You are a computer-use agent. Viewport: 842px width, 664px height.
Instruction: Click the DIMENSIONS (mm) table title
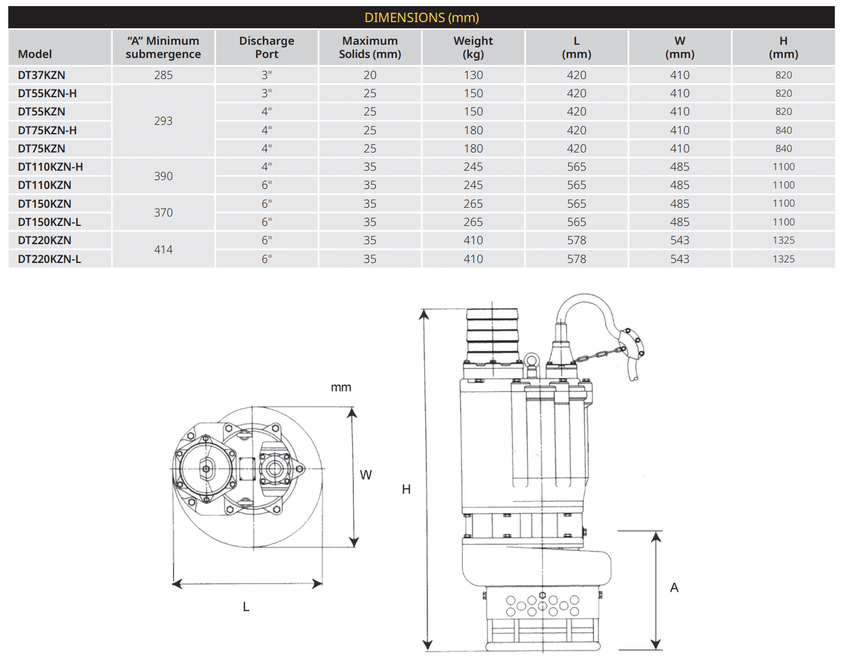tap(421, 18)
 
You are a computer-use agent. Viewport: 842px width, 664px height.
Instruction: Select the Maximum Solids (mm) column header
tap(370, 48)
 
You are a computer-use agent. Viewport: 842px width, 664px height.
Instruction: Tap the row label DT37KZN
tap(41, 75)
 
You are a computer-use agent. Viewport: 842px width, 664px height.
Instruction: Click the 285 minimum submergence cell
tap(163, 75)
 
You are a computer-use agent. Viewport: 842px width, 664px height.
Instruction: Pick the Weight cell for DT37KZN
tap(473, 75)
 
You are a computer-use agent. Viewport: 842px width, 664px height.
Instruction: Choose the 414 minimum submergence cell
tap(163, 250)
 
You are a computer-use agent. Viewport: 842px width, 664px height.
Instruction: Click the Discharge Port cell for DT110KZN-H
tap(266, 167)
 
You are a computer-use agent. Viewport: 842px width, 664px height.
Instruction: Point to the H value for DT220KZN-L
tap(783, 259)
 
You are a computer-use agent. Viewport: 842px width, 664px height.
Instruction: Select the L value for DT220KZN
tap(577, 240)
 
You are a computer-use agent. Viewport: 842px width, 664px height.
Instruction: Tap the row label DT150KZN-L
tap(49, 222)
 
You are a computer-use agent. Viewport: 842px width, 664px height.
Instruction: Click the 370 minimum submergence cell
tap(163, 213)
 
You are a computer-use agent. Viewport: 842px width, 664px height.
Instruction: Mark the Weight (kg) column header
tap(473, 48)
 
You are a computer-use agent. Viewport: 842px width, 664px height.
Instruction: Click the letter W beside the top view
tap(366, 475)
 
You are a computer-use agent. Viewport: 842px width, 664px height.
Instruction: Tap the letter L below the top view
tap(246, 607)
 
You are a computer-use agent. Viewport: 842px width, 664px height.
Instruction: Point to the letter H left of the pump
tap(406, 489)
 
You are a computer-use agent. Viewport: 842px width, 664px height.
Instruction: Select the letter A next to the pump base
tap(674, 588)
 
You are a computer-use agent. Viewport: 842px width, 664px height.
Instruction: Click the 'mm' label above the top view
tap(341, 388)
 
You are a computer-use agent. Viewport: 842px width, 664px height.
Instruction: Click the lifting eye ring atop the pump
tap(532, 361)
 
